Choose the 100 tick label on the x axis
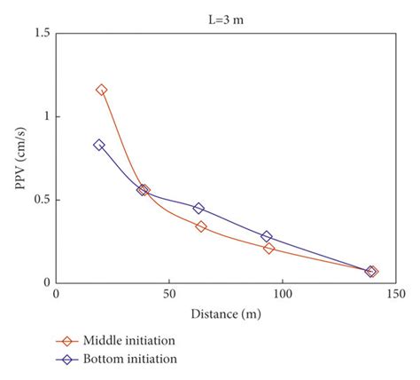282,296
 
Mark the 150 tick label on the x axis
394,296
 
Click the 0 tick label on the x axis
56,296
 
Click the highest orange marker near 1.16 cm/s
101,90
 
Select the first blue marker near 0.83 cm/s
98,145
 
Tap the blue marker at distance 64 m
198,209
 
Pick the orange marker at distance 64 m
201,226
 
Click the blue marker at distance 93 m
266,237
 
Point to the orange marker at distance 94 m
268,249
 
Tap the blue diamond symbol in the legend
64,359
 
